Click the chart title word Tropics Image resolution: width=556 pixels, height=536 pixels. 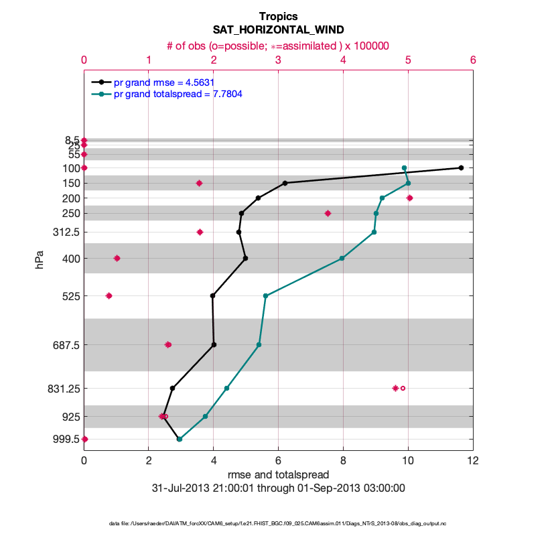[278, 16]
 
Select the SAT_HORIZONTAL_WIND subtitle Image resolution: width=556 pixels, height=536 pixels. [278, 30]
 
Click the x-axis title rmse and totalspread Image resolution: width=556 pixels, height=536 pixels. [278, 474]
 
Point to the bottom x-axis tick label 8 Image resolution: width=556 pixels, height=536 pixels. [343, 460]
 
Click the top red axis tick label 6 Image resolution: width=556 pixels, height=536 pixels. [473, 60]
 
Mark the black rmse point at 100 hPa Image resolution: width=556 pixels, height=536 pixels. [461, 167]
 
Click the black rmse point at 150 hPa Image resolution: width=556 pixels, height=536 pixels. [285, 183]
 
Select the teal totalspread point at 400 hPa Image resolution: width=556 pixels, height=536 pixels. [342, 258]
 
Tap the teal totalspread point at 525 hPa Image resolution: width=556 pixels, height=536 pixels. [265, 295]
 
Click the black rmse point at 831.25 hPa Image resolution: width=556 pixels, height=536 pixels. [172, 388]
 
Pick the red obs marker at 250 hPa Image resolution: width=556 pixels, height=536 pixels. [328, 213]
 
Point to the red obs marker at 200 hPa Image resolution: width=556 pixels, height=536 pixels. [409, 198]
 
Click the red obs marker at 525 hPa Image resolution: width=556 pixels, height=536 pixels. [109, 295]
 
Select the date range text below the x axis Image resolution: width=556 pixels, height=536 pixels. [278, 488]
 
